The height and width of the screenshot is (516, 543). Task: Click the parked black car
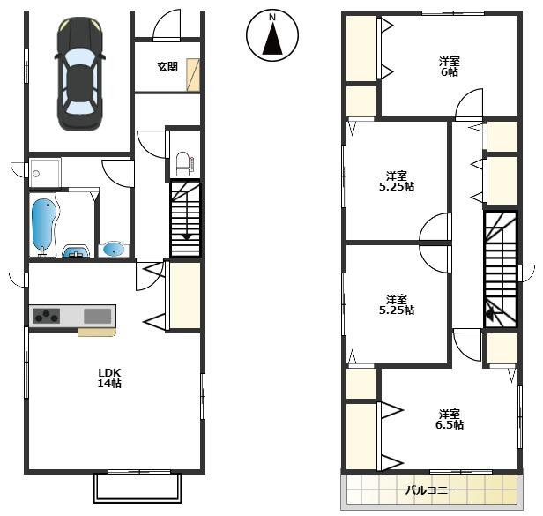(x=79, y=73)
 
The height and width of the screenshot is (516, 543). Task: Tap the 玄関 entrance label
(x=167, y=66)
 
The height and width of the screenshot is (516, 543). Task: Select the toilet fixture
(x=184, y=164)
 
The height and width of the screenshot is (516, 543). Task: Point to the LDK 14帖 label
(x=109, y=378)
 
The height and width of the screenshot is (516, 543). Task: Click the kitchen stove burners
(x=46, y=316)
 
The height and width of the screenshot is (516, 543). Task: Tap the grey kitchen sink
(x=98, y=316)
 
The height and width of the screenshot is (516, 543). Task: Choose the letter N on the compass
(x=272, y=17)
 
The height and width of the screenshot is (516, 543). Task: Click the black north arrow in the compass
(x=272, y=39)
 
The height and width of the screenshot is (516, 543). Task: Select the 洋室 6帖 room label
(x=450, y=66)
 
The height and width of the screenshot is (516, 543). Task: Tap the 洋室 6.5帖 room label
(x=450, y=419)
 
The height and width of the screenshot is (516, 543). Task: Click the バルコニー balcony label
(x=432, y=490)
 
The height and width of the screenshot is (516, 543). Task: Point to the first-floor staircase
(x=185, y=219)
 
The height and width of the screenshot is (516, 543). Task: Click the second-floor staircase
(x=501, y=269)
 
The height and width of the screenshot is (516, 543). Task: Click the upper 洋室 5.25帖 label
(x=397, y=181)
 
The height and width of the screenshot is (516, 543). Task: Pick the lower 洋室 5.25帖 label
(x=397, y=304)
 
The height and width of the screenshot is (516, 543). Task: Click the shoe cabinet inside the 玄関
(x=193, y=75)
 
